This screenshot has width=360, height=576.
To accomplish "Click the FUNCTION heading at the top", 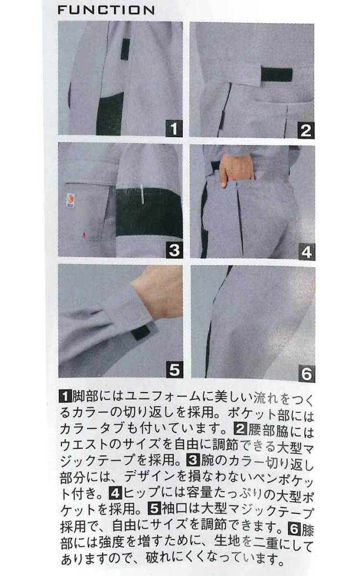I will (106, 10).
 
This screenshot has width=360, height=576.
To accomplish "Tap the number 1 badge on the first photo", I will (174, 129).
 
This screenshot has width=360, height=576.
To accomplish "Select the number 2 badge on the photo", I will (305, 130).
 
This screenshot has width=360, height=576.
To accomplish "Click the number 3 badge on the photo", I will (174, 250).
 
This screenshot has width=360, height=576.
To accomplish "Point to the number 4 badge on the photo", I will (305, 251).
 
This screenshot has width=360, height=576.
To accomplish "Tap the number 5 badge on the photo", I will (174, 370).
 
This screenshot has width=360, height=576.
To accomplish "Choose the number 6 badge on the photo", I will (305, 373).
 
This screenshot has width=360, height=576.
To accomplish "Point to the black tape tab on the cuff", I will (140, 332).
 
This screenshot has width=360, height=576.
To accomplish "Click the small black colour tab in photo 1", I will (125, 49).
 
